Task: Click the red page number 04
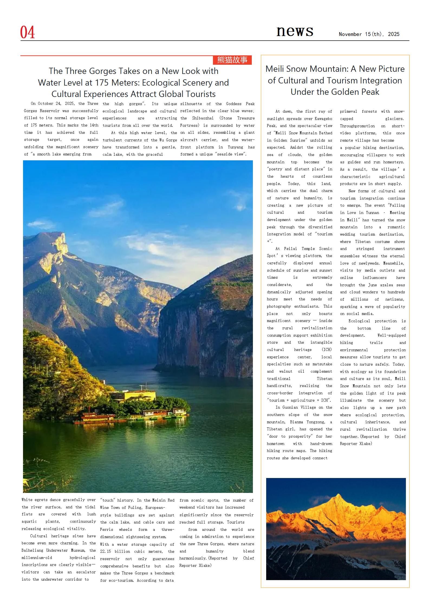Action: (27, 32)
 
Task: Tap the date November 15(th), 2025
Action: (369, 34)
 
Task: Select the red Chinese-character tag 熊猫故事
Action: (232, 60)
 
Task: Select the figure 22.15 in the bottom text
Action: (105, 551)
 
